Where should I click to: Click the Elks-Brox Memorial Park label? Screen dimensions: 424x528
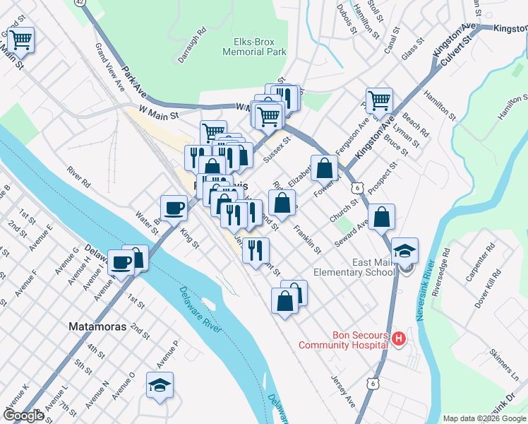click(x=254, y=47)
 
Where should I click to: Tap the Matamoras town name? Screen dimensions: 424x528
click(x=97, y=327)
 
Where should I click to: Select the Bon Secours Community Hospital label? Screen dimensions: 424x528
click(x=343, y=340)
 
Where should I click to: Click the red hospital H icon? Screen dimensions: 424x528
click(x=399, y=339)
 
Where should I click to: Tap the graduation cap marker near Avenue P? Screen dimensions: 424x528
click(x=160, y=384)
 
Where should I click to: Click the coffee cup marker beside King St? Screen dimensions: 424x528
click(x=174, y=207)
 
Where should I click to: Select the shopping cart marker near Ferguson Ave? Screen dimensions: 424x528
click(x=379, y=101)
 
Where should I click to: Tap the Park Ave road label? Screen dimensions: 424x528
click(x=134, y=82)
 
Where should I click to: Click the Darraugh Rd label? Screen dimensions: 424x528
click(x=191, y=45)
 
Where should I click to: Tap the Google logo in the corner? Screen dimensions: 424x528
click(x=23, y=415)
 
